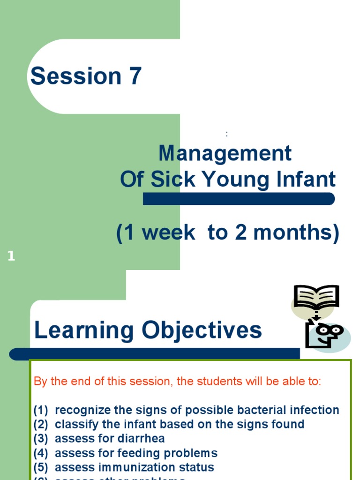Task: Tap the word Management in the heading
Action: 225,153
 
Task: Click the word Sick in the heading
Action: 171,180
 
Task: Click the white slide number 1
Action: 11,256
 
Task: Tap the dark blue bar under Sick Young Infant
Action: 239,199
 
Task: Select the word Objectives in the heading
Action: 202,330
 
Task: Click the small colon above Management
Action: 227,134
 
